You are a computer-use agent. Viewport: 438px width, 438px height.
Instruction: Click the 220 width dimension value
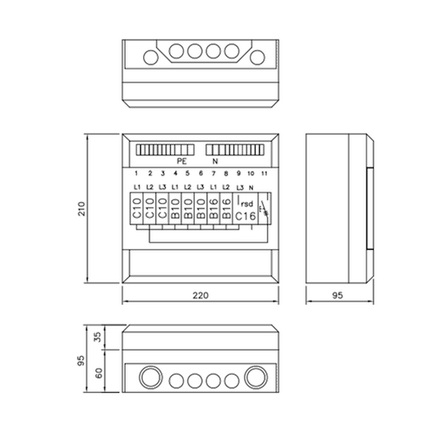coord(201,295)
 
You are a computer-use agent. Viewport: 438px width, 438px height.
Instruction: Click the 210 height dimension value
coord(81,209)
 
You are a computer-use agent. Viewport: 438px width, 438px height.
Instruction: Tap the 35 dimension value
coord(98,337)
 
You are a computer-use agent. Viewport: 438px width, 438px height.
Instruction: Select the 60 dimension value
coord(99,373)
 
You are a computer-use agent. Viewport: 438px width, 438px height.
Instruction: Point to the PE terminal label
coord(182,161)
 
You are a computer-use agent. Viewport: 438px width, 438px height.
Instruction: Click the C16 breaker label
coord(246,216)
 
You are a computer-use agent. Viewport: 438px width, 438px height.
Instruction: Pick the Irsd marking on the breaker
coord(245,202)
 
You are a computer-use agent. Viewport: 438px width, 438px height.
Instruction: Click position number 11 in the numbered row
coord(264,173)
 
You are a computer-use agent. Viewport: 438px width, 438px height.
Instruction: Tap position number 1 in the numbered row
coord(136,173)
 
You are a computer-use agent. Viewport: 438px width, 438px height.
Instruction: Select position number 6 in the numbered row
coord(201,173)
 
